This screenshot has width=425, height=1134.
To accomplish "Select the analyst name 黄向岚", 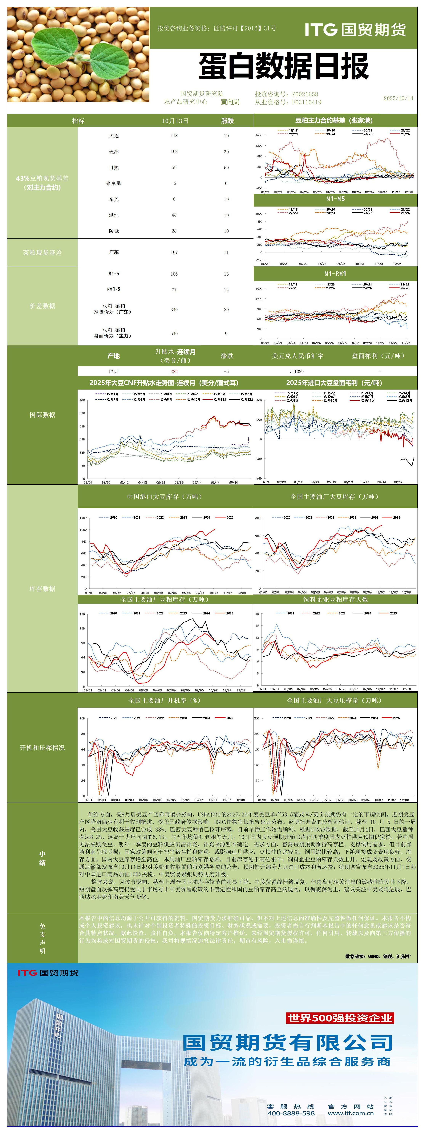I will tap(230, 102).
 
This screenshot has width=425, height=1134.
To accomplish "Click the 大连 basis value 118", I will tap(174, 136).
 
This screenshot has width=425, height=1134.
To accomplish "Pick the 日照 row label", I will tap(114, 167).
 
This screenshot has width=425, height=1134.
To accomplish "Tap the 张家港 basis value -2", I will tap(174, 183).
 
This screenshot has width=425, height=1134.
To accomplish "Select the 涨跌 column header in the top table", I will tap(227, 121).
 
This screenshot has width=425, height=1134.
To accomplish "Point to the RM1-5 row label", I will tap(114, 289).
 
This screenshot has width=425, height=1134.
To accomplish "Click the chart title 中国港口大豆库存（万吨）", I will tap(165, 496).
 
